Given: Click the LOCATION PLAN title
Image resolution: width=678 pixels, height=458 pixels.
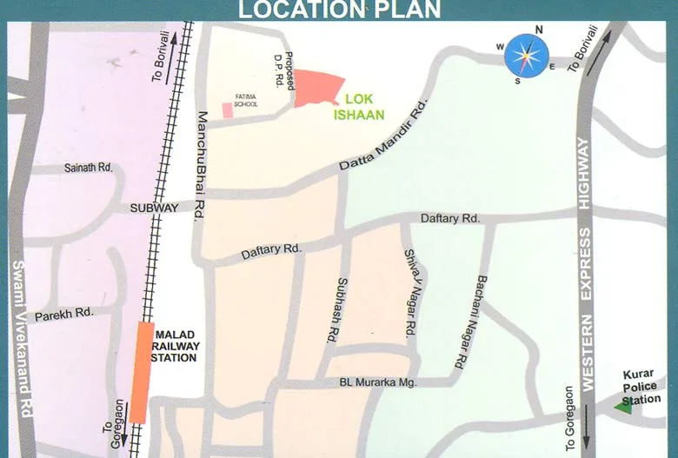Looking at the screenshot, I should point(339,10).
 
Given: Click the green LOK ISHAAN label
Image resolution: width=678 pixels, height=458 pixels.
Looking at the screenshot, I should point(358,106).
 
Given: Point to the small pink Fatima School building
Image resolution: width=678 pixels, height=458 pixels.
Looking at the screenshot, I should point(228,110).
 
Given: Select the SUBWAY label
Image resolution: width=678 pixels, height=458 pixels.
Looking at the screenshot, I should point(154,208).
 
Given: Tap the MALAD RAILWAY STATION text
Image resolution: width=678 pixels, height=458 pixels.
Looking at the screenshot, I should point(176,345).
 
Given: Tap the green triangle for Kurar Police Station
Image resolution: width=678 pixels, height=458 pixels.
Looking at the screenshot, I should point(624,405).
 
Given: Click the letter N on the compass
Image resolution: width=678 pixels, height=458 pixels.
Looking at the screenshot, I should point(539,30).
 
